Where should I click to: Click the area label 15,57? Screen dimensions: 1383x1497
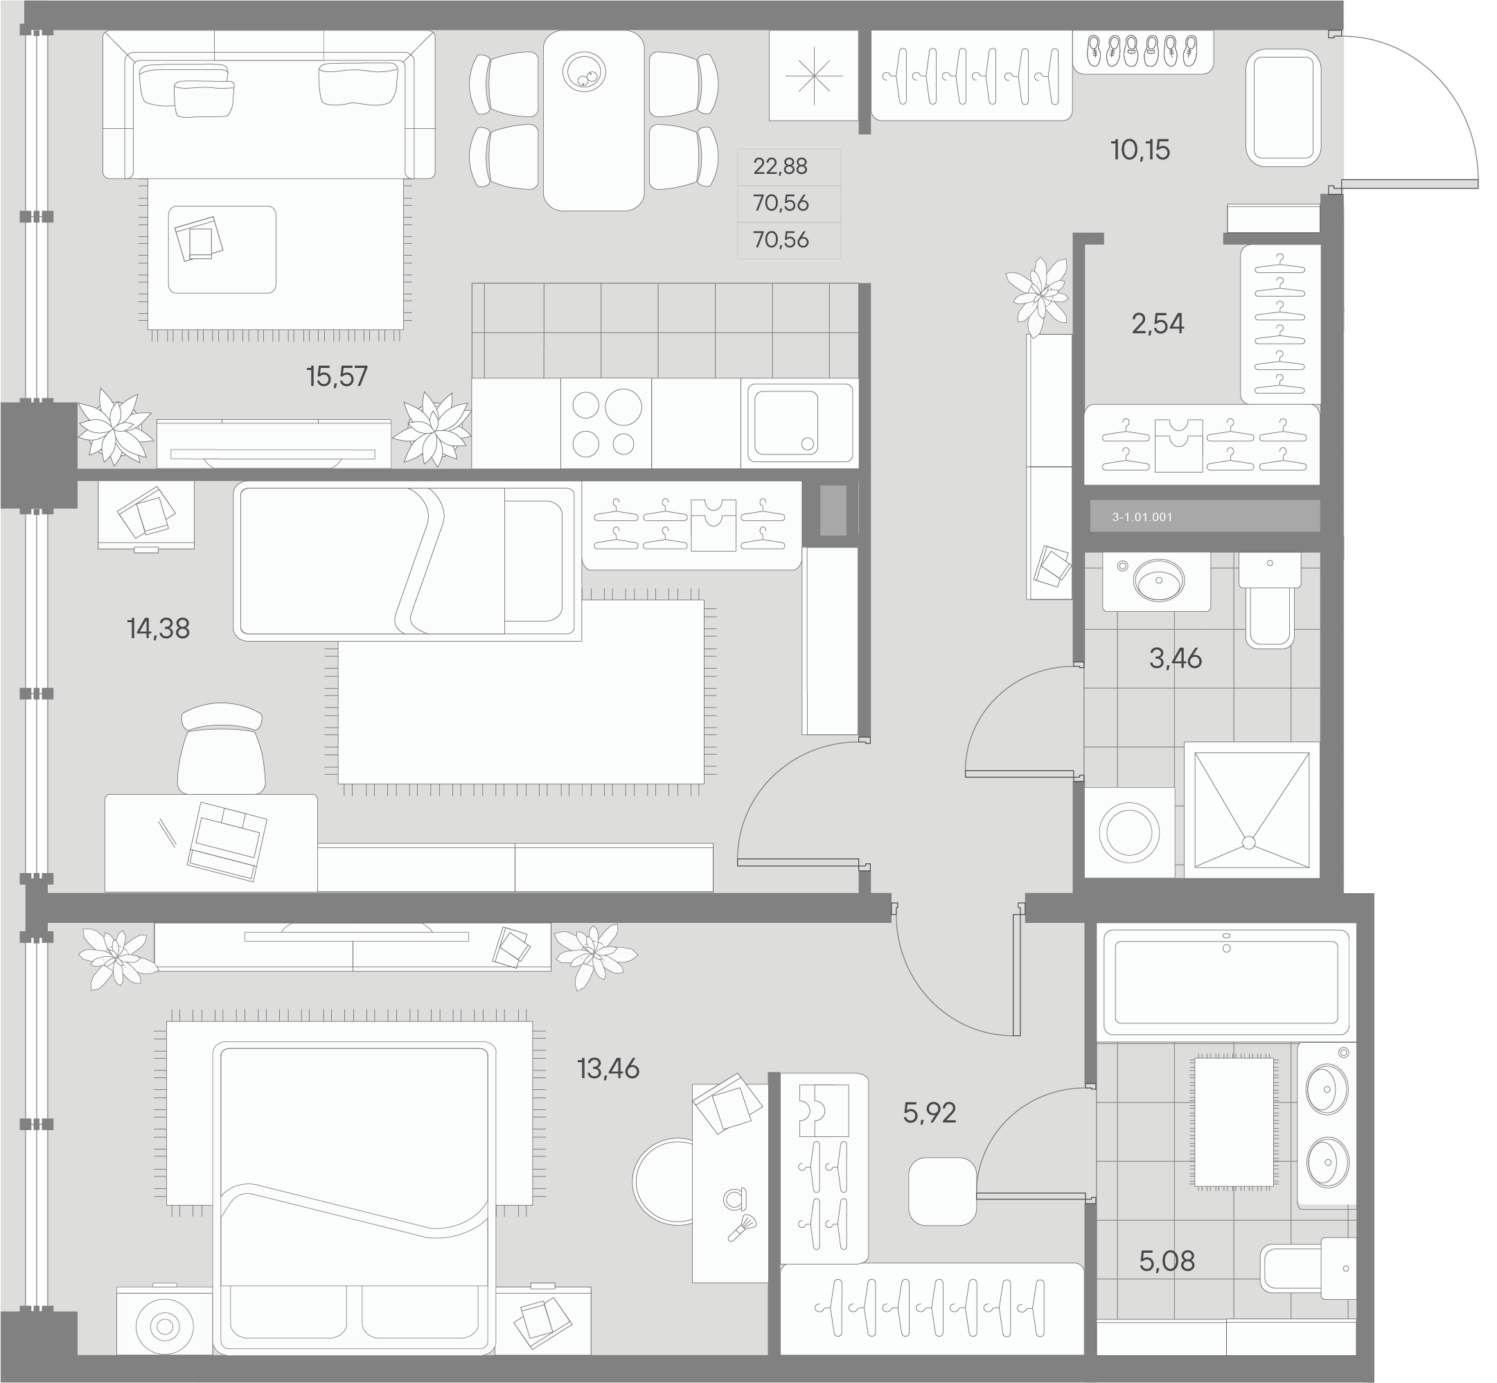tap(337, 376)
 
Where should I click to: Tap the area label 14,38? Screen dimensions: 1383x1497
tap(159, 628)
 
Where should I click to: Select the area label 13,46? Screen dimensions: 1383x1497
tap(608, 1068)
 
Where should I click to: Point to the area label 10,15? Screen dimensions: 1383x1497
tap(1140, 150)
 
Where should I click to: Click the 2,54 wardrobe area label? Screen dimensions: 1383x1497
tap(1158, 324)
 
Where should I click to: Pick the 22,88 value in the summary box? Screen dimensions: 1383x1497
tap(780, 166)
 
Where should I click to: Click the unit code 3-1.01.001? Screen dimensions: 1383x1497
tap(1142, 517)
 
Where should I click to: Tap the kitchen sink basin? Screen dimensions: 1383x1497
tap(786, 423)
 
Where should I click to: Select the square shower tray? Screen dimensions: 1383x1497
tap(1252, 810)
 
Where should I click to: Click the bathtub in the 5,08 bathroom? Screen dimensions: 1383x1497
tap(1226, 981)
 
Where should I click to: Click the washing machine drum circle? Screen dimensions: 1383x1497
tap(1129, 833)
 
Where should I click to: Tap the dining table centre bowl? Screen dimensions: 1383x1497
tap(584, 72)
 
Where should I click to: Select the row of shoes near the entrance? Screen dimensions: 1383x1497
tap(1142, 51)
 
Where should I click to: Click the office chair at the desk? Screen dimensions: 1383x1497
tap(222, 748)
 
